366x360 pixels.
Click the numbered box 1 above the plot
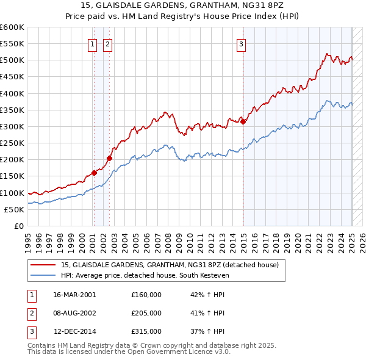point(92,43)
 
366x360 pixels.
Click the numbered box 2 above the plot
point(107,43)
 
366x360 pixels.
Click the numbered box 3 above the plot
point(242,43)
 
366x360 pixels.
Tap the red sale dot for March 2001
point(95,173)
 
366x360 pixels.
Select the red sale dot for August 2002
point(110,158)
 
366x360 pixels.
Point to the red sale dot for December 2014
point(243,121)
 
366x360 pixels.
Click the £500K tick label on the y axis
point(12,60)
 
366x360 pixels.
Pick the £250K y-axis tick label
point(12,143)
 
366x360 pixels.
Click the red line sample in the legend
point(43,265)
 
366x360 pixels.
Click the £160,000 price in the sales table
point(146,295)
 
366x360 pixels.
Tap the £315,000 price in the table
point(146,331)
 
